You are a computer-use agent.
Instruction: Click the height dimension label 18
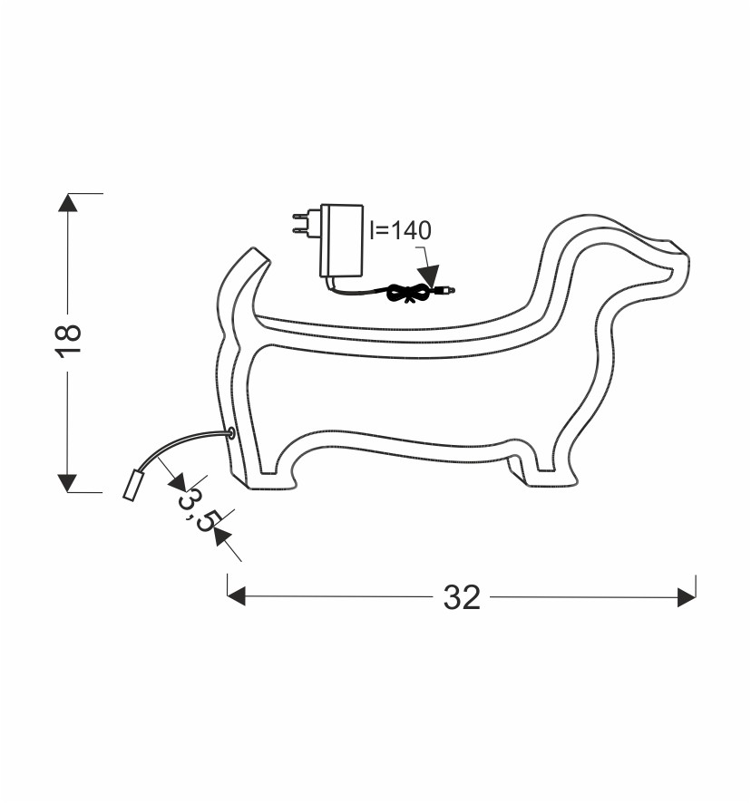[x=69, y=340]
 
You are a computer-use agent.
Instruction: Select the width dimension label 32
[x=462, y=597]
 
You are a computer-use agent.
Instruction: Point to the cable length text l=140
[x=401, y=230]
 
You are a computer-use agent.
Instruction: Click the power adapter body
[x=342, y=241]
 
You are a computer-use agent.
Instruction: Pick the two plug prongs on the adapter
[x=307, y=223]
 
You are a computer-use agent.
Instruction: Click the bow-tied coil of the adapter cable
[x=408, y=294]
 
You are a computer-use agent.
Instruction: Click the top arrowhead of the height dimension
[x=68, y=202]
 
